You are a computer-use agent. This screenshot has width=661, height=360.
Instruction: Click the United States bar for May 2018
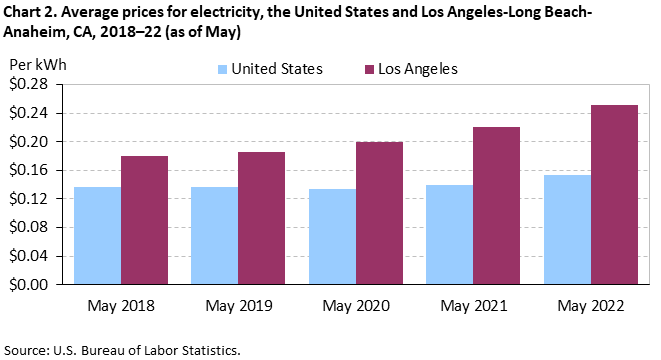click(97, 236)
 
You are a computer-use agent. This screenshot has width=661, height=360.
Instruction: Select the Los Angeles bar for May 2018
click(145, 220)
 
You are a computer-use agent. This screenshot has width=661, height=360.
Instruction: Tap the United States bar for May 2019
click(214, 236)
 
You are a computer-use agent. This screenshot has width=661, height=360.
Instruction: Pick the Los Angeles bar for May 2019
click(262, 218)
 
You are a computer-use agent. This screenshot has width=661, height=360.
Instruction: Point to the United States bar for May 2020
click(332, 237)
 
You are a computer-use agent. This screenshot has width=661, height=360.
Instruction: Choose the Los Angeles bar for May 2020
click(379, 213)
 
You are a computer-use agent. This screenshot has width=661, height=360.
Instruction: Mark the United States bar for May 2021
click(449, 235)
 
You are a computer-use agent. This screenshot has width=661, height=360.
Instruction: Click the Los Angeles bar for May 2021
click(497, 206)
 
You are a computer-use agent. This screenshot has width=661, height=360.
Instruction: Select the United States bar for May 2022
click(567, 230)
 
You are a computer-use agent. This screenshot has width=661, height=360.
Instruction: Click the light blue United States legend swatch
click(221, 69)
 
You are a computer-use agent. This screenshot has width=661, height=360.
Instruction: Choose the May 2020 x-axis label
click(355, 305)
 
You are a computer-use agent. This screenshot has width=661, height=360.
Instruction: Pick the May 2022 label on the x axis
click(590, 305)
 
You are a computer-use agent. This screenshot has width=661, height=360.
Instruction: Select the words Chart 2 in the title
click(33, 12)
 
